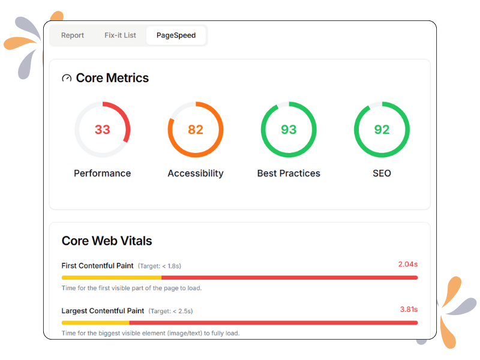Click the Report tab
[x=73, y=35]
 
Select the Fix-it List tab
[x=120, y=35]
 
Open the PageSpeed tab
[x=176, y=35]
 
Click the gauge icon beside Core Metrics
[x=67, y=78]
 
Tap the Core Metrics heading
[x=112, y=78]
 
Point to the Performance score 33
[x=103, y=130]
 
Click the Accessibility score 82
[x=196, y=130]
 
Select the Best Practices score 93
[x=289, y=130]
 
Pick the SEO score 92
[x=382, y=130]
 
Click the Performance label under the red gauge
[x=103, y=173]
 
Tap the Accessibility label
[x=196, y=173]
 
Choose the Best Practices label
[x=289, y=173]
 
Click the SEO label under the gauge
[x=382, y=173]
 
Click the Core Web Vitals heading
[x=107, y=241]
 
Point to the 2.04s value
[x=407, y=264]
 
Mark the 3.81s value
[x=409, y=310]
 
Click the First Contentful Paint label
[x=97, y=265]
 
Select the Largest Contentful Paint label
[x=103, y=311]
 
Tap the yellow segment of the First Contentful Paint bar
[x=111, y=278]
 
